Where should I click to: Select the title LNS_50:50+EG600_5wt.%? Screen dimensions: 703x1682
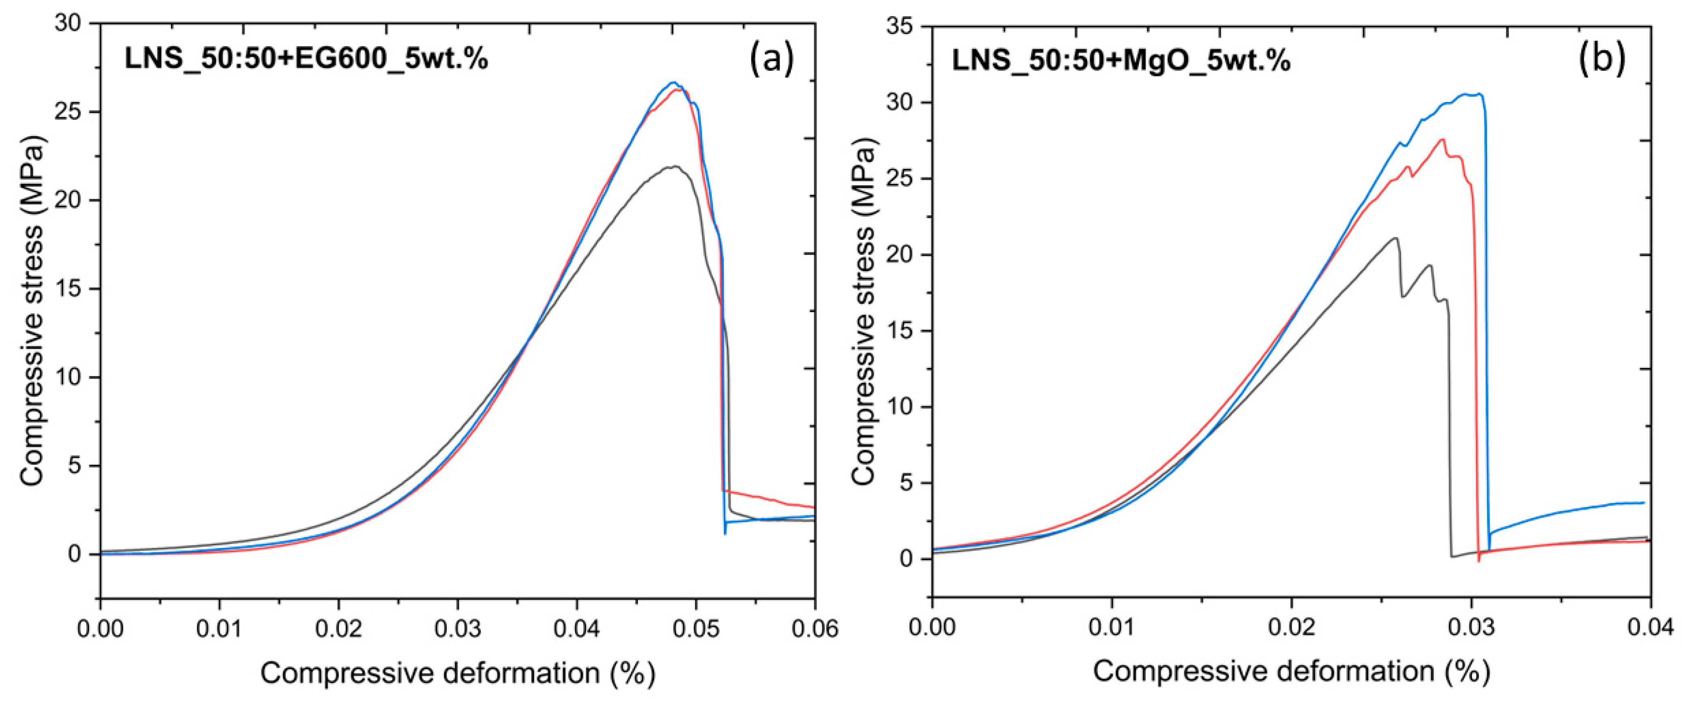[306, 60]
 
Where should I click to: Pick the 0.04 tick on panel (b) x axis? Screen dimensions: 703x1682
[1650, 628]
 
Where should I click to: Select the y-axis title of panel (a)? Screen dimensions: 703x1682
[33, 311]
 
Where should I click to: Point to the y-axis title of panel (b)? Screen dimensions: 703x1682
[864, 314]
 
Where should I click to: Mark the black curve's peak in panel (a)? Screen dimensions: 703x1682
[674, 167]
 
